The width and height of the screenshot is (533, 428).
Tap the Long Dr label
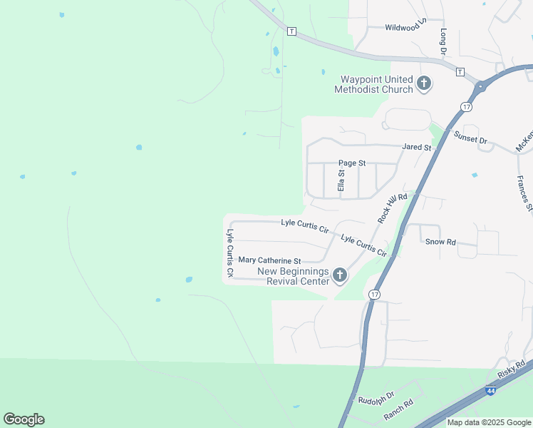(x=443, y=42)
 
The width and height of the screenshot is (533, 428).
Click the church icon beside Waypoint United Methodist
(x=424, y=84)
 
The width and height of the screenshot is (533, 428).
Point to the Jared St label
(x=417, y=147)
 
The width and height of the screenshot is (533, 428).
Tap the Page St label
(x=352, y=163)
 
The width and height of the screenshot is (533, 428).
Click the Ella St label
(x=341, y=179)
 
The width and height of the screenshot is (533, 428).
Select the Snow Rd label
(x=440, y=242)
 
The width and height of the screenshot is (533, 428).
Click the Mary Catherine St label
(x=270, y=261)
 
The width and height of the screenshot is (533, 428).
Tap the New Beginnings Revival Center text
(x=293, y=276)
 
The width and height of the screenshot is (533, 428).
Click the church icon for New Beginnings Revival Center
(x=340, y=275)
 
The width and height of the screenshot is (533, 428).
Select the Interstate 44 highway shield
(x=490, y=391)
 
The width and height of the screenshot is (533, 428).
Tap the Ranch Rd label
(x=398, y=408)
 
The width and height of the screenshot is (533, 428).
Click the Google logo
(x=24, y=419)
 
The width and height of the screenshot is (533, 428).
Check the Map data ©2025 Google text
(x=489, y=422)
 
